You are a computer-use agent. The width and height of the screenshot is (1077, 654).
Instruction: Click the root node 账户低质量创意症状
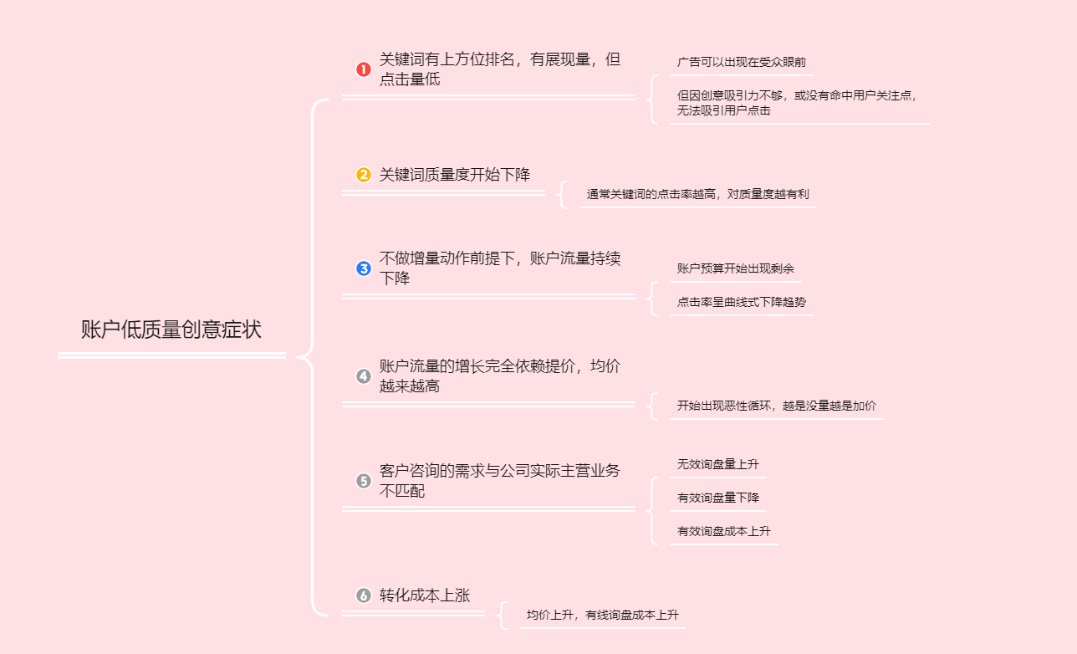pos(171,330)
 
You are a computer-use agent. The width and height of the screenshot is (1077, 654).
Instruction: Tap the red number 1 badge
pos(364,69)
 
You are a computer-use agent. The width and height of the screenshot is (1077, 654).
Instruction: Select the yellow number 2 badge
pos(364,175)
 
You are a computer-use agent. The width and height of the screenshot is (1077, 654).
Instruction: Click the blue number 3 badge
pos(364,268)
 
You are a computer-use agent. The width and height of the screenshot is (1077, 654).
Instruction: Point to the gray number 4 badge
pos(364,376)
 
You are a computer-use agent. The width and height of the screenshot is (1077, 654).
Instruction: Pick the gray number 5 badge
pos(364,481)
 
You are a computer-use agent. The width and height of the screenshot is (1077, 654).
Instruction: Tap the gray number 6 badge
pos(364,595)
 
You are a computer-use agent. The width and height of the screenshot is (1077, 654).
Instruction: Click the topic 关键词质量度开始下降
pos(454,175)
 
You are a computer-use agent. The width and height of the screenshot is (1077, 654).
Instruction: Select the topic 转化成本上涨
pos(425,595)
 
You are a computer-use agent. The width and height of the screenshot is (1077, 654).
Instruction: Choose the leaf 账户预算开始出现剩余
pos(735,268)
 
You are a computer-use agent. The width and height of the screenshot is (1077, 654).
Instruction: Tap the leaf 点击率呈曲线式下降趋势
pos(741,302)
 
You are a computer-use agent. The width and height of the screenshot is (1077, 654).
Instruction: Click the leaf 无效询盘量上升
pos(717,464)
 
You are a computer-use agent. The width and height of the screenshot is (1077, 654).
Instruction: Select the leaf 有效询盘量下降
pos(717,498)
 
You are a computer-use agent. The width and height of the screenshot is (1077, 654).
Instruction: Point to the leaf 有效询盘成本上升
pos(723,531)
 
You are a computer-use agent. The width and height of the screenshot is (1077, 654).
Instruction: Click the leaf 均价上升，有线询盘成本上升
pos(602,615)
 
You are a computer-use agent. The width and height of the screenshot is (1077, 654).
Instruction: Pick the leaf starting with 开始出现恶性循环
pos(776,406)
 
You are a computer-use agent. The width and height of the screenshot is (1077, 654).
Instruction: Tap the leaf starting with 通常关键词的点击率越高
pos(697,194)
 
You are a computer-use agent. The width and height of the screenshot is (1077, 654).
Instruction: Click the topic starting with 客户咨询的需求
pos(499,481)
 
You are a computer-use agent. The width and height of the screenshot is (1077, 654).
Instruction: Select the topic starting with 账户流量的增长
pos(499,376)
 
